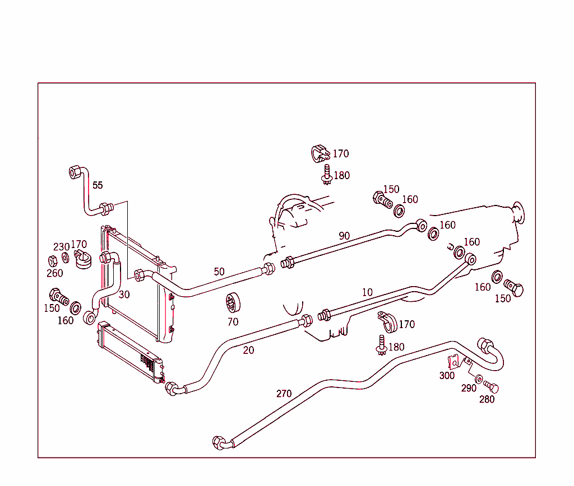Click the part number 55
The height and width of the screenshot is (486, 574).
point(98,185)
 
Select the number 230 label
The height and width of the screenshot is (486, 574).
point(61,247)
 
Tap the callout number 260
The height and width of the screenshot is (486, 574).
point(54,273)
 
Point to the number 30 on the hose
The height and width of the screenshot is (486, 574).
point(124,295)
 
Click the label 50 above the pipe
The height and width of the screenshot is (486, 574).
point(219,272)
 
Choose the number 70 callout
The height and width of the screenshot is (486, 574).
point(233,321)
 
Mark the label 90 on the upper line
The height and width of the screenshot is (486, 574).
point(344,236)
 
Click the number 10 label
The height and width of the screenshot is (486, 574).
point(367,292)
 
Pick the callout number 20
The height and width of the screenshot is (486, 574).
point(248,350)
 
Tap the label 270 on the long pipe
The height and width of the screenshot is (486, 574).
point(284,394)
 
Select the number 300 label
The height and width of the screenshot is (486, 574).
point(447,376)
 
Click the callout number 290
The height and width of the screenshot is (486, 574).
point(469,388)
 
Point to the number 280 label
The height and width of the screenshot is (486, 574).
point(487,399)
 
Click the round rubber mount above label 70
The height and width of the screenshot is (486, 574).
point(233,303)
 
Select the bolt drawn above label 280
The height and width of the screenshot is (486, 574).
point(491,387)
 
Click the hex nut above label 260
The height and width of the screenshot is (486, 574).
point(52,260)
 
